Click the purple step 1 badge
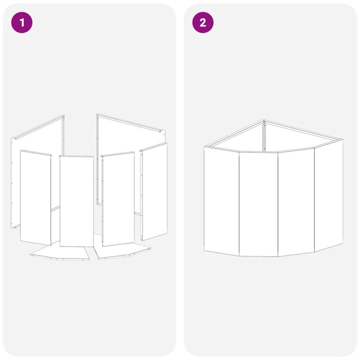click(22, 22)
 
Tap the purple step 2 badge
click(203, 22)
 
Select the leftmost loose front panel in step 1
click(36, 198)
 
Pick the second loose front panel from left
click(76, 201)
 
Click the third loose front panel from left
click(118, 199)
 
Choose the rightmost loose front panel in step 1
click(154, 192)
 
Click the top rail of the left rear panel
click(38, 127)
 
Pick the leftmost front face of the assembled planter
click(221, 201)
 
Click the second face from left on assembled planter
click(258, 204)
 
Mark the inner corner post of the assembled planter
click(264, 137)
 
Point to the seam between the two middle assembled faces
click(278, 204)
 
